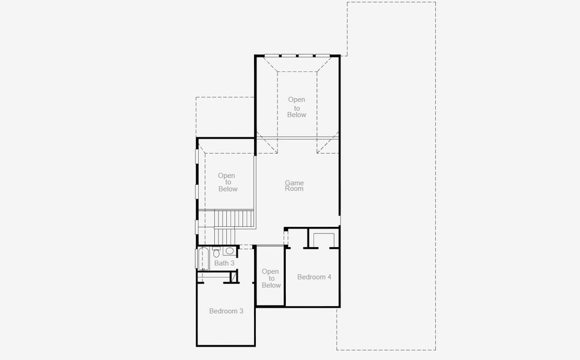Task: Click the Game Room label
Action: pyautogui.click(x=294, y=185)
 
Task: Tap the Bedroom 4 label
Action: pyautogui.click(x=314, y=277)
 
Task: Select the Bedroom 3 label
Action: pyautogui.click(x=226, y=311)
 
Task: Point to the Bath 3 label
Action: pyautogui.click(x=225, y=263)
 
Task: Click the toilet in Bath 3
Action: pyautogui.click(x=216, y=252)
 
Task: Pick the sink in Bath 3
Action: pyautogui.click(x=229, y=251)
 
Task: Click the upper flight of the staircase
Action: pyautogui.click(x=235, y=218)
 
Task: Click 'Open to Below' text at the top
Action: pyautogui.click(x=297, y=107)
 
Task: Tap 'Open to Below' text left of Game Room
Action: pyautogui.click(x=227, y=182)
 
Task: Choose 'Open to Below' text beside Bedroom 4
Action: pyautogui.click(x=271, y=278)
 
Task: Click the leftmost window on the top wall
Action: pyautogui.click(x=271, y=56)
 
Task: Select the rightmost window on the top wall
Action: pyautogui.click(x=322, y=56)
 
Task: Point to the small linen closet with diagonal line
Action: pyautogui.click(x=234, y=277)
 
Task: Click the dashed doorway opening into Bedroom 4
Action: pyautogui.click(x=286, y=238)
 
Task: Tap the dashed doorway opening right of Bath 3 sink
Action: pyautogui.click(x=247, y=247)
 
